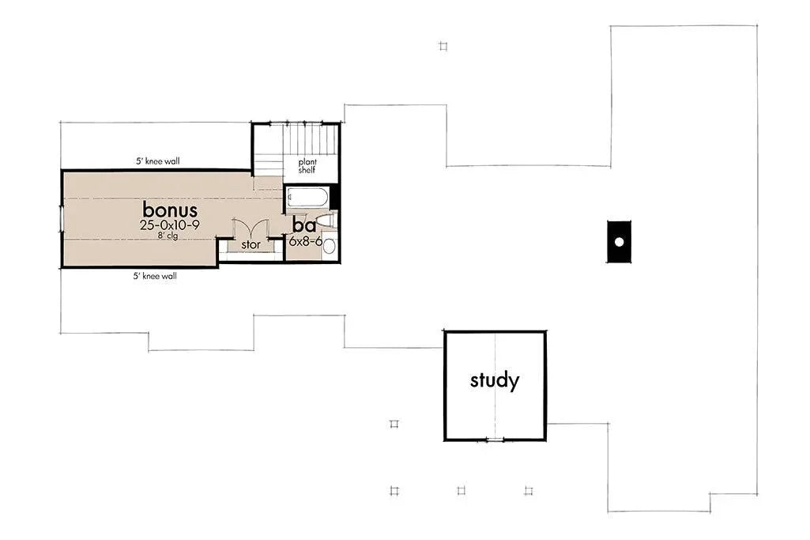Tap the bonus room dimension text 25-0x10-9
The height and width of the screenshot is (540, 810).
click(169, 225)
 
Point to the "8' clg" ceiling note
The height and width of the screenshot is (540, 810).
click(167, 236)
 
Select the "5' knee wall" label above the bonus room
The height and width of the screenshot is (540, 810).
click(157, 161)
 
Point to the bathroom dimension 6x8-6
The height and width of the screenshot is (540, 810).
click(305, 241)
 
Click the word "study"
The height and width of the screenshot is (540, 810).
click(495, 381)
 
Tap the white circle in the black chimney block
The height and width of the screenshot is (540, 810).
click(620, 241)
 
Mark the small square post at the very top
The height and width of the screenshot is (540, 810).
click(443, 46)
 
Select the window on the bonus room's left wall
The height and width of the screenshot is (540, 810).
click(62, 218)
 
